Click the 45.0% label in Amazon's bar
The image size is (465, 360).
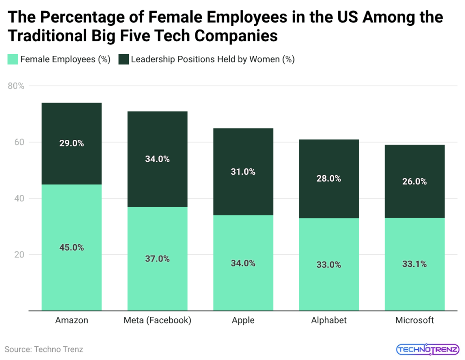click(71, 247)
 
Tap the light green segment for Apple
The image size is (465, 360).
click(243, 281)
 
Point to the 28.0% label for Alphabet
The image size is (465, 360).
click(329, 178)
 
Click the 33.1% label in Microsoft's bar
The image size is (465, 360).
click(414, 264)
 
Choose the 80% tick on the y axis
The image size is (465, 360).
click(16, 86)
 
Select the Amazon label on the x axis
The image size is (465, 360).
click(71, 321)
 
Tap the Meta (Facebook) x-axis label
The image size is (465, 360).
click(157, 321)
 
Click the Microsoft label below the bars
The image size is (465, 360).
click(414, 321)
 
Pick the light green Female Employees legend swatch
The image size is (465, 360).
click(12, 59)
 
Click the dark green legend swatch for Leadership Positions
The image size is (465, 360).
click(123, 59)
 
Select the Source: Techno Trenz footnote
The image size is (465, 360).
click(44, 349)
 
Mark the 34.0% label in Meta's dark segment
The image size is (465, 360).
click(157, 159)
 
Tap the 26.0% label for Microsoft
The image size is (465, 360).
click(414, 181)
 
